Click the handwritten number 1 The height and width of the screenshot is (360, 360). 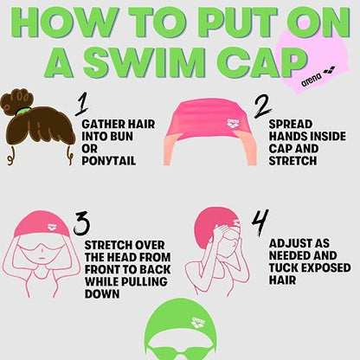[x=82, y=105]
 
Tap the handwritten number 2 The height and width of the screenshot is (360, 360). [x=262, y=106]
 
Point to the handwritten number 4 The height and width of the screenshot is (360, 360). [x=260, y=222]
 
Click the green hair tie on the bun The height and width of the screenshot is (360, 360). [x=21, y=111]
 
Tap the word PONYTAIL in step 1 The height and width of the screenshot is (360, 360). [x=109, y=161]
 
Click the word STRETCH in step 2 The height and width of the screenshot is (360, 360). [x=292, y=161]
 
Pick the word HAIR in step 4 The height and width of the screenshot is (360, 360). [x=282, y=280]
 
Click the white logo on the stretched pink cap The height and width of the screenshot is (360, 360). [x=233, y=124]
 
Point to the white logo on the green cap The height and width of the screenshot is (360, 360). [x=198, y=323]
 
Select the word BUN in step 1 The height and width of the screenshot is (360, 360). [x=120, y=136]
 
